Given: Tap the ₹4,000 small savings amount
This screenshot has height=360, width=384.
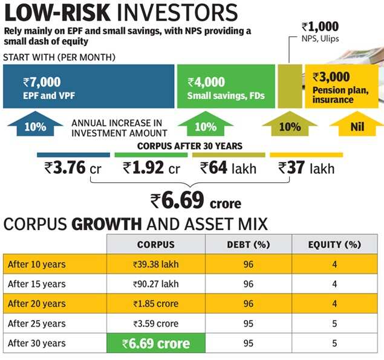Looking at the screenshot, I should pyautogui.click(x=206, y=82).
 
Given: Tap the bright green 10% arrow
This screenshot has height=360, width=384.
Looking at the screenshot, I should pyautogui.click(x=205, y=126).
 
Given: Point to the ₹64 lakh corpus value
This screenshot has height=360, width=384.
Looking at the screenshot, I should pyautogui.click(x=228, y=169).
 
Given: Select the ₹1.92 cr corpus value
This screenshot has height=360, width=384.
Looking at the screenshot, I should pyautogui.click(x=151, y=169).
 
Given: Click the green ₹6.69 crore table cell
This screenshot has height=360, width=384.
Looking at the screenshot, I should pyautogui.click(x=156, y=344).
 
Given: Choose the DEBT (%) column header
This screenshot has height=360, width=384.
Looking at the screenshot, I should pyautogui.click(x=249, y=245).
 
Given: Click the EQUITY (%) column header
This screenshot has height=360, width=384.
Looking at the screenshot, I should pyautogui.click(x=334, y=245).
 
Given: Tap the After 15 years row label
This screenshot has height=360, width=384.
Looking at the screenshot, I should pyautogui.click(x=37, y=284).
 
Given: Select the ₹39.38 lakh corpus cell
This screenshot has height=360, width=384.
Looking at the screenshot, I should pyautogui.click(x=155, y=264).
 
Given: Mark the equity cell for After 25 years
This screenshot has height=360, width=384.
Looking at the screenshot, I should pyautogui.click(x=334, y=323).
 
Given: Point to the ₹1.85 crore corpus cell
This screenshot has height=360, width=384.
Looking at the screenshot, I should pyautogui.click(x=155, y=304).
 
